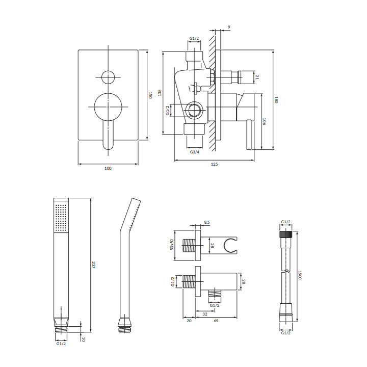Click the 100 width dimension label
tap(108, 168)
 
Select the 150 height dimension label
tap(150, 95)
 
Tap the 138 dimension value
tap(160, 92)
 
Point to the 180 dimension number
tap(276, 100)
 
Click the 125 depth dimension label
tap(214, 164)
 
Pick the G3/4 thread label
tap(195, 152)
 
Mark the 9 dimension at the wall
tap(229, 27)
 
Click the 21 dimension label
tap(257, 77)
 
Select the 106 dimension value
tap(264, 121)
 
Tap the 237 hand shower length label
tap(93, 265)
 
